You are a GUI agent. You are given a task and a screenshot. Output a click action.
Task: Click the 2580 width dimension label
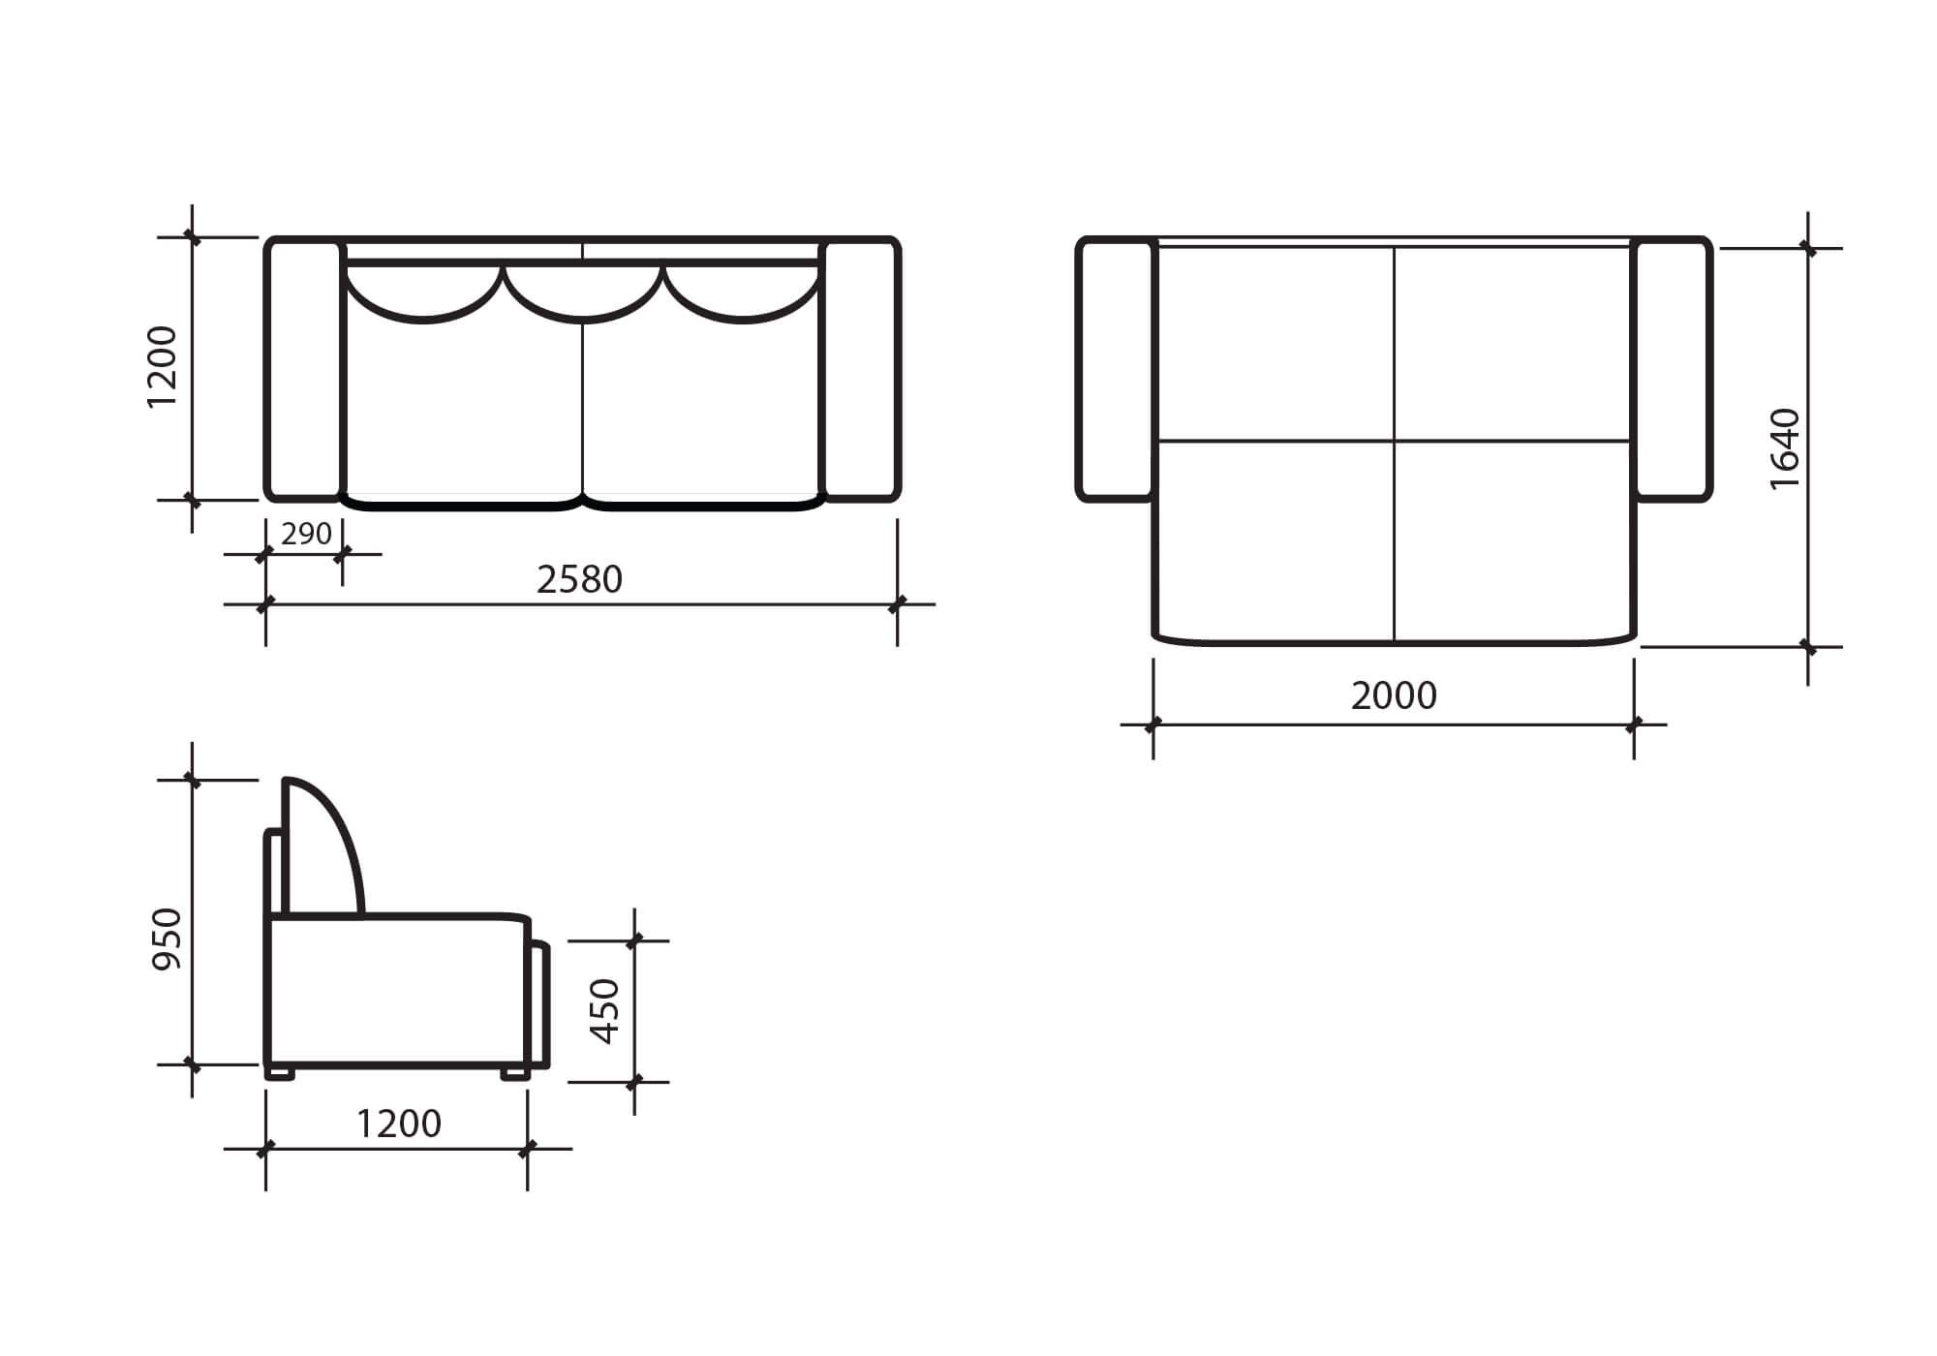(x=579, y=579)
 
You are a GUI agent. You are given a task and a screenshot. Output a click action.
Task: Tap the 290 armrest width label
(x=306, y=534)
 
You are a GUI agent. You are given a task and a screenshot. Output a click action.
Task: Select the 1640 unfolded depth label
(x=1784, y=448)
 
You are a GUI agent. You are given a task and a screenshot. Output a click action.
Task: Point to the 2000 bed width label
(x=1394, y=695)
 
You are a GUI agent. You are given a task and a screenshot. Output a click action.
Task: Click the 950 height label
(x=168, y=939)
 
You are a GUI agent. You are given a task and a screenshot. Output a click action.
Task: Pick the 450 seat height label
(x=604, y=1011)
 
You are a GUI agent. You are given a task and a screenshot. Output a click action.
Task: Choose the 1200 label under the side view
(x=398, y=1124)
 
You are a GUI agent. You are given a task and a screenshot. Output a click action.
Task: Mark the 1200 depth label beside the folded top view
(x=162, y=367)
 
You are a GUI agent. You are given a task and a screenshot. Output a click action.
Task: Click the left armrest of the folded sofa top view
(x=304, y=369)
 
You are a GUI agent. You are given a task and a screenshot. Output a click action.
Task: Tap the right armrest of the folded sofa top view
(x=861, y=369)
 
